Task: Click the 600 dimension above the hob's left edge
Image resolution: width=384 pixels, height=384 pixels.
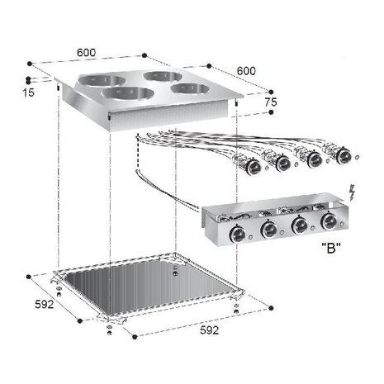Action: coord(86,52)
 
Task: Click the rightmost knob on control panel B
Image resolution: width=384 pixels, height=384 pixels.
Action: coord(330,221)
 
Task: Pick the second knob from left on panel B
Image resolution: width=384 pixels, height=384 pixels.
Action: coord(268,229)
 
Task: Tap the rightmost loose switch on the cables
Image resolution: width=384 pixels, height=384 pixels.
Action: coord(341,154)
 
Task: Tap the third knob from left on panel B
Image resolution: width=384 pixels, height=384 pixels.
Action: coord(300,225)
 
